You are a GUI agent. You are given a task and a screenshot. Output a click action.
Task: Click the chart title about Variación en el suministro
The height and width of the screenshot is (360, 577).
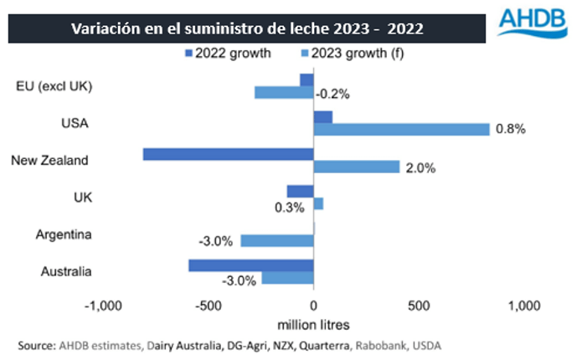[246, 28]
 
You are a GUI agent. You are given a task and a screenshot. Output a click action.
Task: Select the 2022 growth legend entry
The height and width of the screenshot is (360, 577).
[228, 55]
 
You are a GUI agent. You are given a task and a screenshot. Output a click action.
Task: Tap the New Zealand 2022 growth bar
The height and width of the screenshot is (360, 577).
[228, 154]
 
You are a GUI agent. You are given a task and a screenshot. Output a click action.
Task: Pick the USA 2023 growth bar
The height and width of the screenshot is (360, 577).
[401, 129]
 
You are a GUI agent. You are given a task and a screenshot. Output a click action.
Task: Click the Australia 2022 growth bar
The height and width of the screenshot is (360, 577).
[250, 265]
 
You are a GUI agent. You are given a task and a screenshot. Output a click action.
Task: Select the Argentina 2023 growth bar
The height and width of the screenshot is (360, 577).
[277, 240]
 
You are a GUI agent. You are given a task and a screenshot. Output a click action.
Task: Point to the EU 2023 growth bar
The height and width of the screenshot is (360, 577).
[284, 92]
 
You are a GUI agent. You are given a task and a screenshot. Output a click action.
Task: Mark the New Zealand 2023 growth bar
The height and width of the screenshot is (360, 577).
[356, 167]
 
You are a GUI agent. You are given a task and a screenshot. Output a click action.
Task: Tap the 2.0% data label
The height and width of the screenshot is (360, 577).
[420, 167]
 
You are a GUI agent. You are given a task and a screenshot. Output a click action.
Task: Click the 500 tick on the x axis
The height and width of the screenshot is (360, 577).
[418, 305]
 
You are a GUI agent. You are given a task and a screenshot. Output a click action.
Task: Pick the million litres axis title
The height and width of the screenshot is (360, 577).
[313, 323]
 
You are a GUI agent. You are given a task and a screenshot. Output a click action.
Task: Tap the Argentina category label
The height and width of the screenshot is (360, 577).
[65, 234]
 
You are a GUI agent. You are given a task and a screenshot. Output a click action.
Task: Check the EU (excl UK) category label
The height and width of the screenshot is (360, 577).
[54, 85]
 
